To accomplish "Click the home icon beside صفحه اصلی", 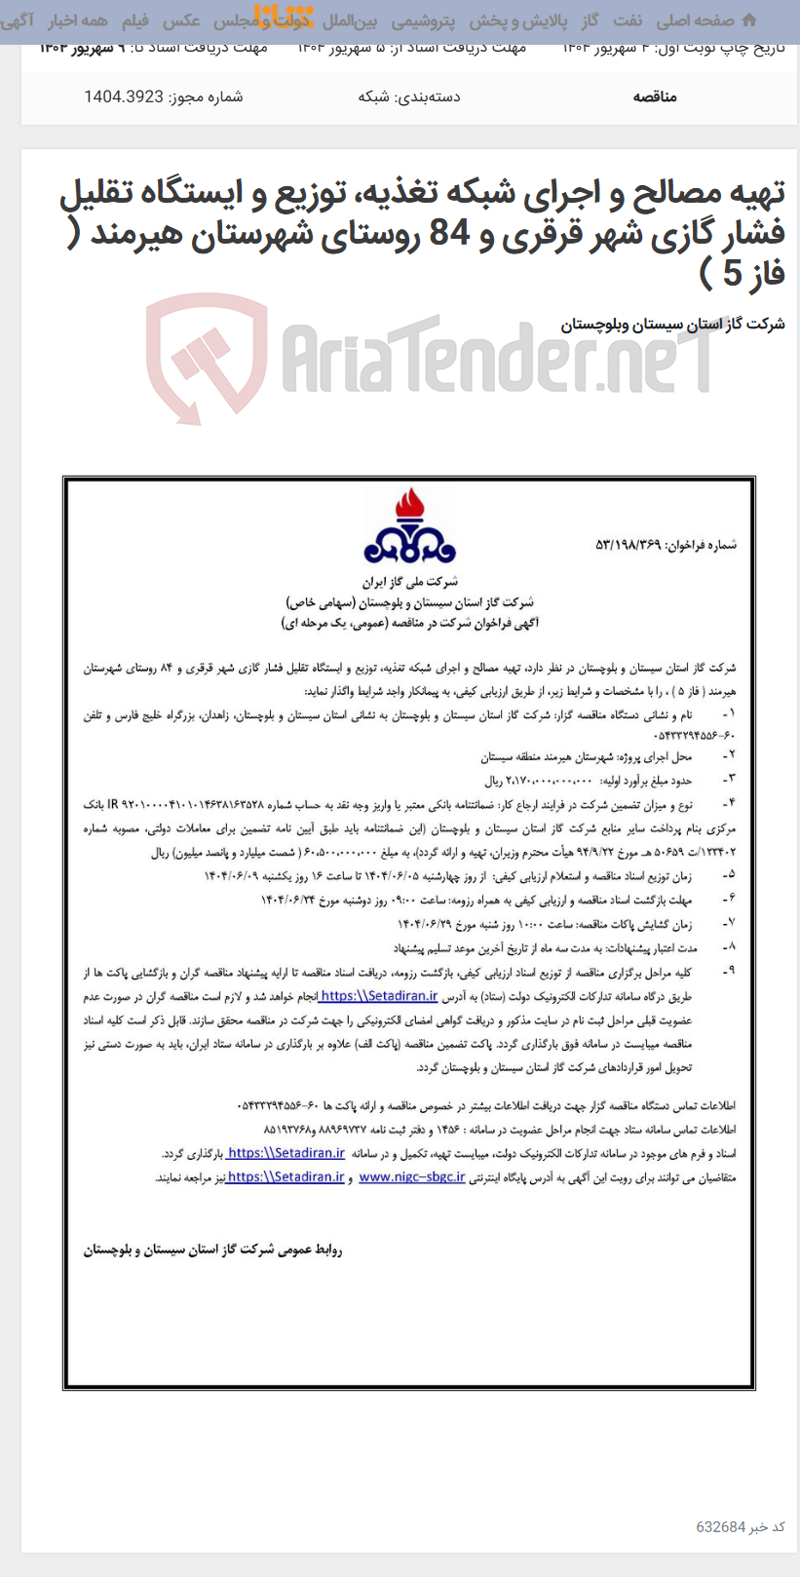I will click(x=749, y=19).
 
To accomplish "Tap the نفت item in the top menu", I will click(x=628, y=20).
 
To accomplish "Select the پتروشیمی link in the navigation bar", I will click(x=423, y=20).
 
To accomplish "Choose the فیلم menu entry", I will click(x=135, y=20).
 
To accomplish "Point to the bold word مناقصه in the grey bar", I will click(x=655, y=96).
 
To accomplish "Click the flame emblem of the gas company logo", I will click(x=409, y=508).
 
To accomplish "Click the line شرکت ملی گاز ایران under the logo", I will click(x=409, y=582).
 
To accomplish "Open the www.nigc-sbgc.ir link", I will click(x=411, y=1176).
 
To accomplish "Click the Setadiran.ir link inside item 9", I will click(x=378, y=996).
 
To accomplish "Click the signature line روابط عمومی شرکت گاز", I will click(x=212, y=1250).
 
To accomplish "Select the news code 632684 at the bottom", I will click(x=721, y=1526).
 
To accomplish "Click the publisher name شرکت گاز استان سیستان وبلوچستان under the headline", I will click(x=672, y=325).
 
